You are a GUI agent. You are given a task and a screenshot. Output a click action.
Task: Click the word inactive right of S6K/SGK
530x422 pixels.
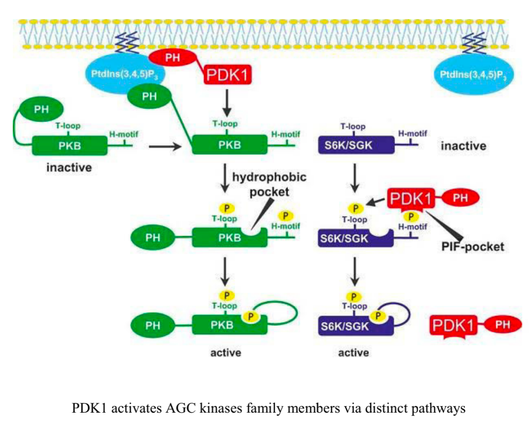463,146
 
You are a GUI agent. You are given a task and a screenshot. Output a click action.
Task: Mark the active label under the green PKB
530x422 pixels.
226,352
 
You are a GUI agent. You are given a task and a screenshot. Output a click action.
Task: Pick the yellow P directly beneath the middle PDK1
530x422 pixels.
412,216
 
